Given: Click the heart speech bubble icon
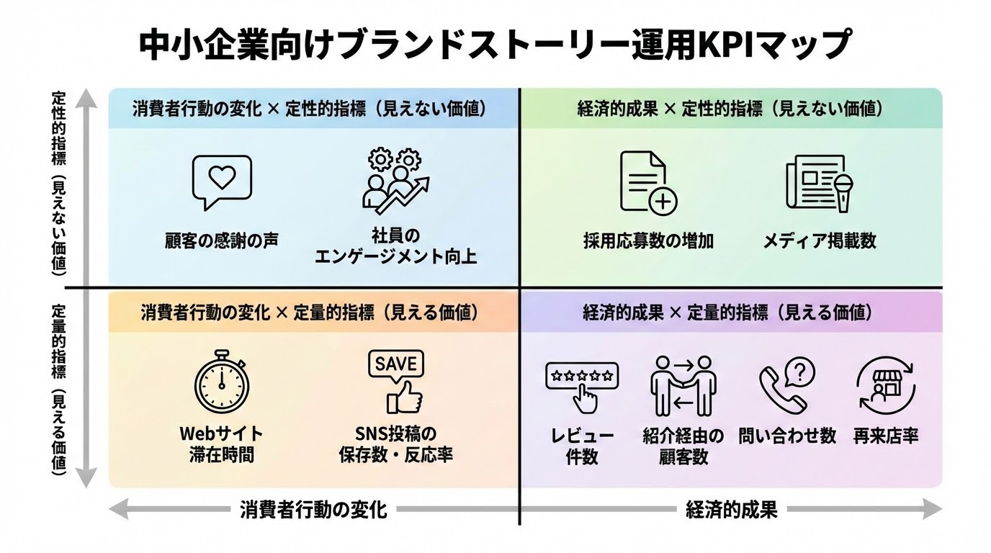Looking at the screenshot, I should [x=222, y=182].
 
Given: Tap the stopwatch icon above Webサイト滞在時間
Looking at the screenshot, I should [x=222, y=382].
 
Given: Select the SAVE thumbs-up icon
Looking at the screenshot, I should [x=396, y=381].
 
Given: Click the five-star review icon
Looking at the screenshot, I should [x=582, y=385].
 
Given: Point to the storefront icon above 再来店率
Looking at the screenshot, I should [x=885, y=385].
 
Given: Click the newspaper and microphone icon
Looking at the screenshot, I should [x=820, y=183].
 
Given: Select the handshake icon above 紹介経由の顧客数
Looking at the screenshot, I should [x=681, y=385].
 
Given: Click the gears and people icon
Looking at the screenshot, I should [x=395, y=180].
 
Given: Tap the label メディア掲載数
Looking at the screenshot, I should [x=820, y=240].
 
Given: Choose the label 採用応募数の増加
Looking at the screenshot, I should [x=648, y=240].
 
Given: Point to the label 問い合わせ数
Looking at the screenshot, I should [x=787, y=436].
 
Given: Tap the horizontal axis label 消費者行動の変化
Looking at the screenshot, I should [x=313, y=511].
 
